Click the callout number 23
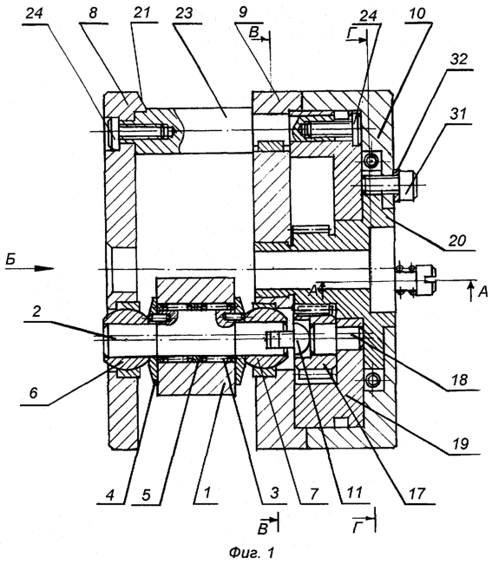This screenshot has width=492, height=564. coord(186,13)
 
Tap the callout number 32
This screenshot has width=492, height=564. coord(458,59)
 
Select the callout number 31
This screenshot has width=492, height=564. coord(457,114)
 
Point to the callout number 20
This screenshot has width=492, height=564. coord(456,239)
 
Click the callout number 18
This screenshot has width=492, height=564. coord(459,380)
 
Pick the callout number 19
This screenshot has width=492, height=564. coord(460,443)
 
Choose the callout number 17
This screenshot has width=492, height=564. coord(417,494)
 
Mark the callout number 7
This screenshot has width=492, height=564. coord(313,494)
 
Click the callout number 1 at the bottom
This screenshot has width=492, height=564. coord(207,493)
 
